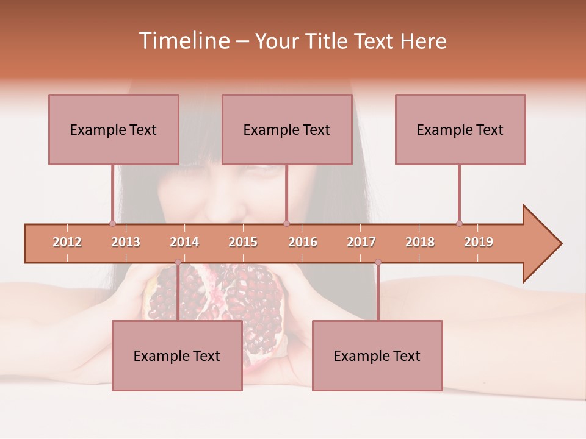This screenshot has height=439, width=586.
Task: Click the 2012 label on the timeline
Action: tap(67, 242)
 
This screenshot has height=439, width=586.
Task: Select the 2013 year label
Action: tap(126, 242)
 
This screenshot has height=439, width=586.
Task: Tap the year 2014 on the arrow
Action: tap(184, 242)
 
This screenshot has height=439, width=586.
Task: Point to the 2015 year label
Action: tap(243, 242)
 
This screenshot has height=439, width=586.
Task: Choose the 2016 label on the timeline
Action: tap(303, 242)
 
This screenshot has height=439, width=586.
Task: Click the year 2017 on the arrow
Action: tap(361, 242)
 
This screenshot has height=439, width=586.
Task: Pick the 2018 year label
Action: tap(420, 242)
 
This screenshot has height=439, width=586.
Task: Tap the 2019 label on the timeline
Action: tap(479, 242)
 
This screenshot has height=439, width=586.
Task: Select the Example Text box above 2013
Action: tap(114, 129)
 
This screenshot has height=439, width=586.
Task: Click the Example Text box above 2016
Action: tap(287, 129)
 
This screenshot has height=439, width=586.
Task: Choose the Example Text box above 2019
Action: tap(460, 129)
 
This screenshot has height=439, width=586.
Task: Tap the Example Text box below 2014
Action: tap(177, 355)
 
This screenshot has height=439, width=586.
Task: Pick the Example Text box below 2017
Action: tap(377, 355)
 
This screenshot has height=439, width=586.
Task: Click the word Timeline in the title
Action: tap(183, 41)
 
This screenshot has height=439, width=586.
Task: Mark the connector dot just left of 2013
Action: tap(112, 223)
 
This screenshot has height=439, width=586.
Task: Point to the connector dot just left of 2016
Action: tap(286, 223)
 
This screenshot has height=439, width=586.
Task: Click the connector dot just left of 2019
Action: tap(459, 223)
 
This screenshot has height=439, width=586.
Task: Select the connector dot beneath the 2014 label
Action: tap(178, 262)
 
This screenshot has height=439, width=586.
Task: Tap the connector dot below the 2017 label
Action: tap(378, 262)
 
